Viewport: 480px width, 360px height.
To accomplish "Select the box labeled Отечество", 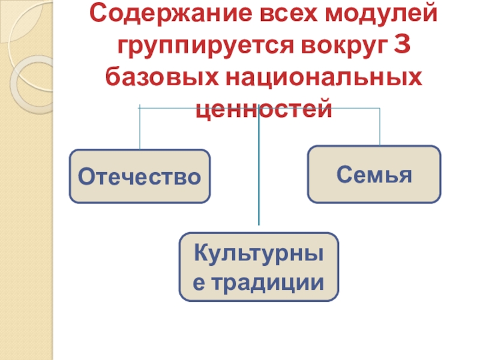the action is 140,176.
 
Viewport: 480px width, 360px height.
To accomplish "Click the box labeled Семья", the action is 374,174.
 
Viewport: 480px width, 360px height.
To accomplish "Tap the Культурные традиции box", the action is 259,267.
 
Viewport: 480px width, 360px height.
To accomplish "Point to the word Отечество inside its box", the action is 140,176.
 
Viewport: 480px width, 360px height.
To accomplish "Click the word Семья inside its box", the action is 374,175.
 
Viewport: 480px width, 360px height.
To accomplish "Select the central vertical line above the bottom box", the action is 259,174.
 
